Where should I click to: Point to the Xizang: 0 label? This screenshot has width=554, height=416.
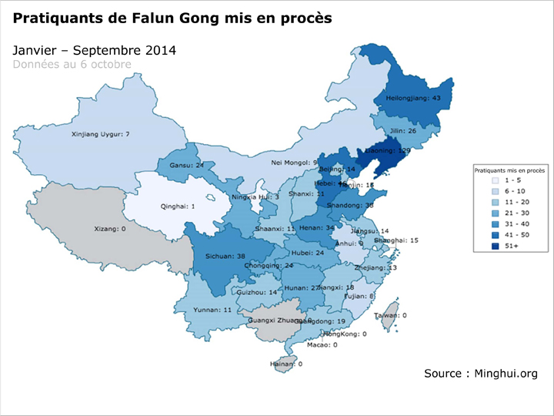[x=108, y=229]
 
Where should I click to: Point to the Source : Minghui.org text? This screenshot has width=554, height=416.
[x=480, y=374]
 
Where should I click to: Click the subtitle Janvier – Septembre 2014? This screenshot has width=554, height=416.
[x=95, y=50]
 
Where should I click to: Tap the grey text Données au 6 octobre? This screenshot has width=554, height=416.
[x=72, y=64]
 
